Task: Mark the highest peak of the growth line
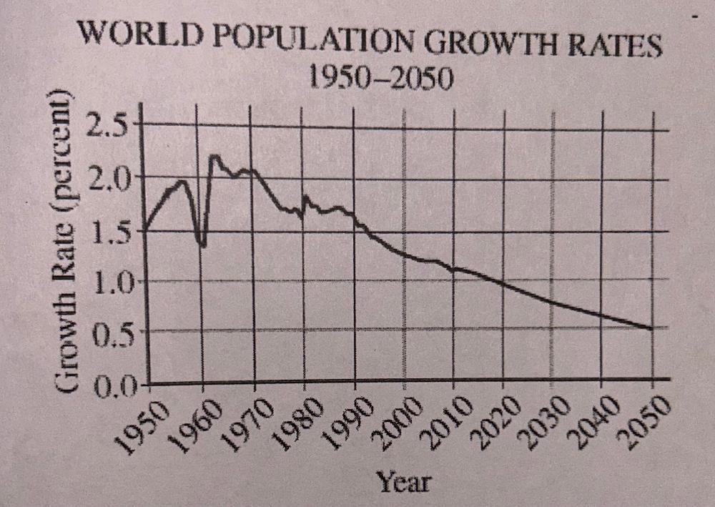point(214,155)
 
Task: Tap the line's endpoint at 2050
point(651,329)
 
